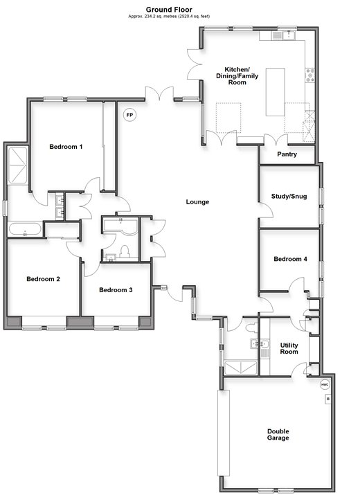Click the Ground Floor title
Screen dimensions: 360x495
coord(169,10)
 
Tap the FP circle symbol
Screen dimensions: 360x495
coord(129,115)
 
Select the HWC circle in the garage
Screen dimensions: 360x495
coord(325,385)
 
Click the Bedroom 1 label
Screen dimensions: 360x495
coord(66,147)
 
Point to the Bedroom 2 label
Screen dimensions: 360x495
coord(43,279)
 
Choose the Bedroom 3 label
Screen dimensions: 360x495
coord(116,290)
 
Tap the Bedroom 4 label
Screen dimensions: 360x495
coord(290,259)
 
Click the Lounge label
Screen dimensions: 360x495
coord(197,201)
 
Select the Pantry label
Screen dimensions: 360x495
coord(287,154)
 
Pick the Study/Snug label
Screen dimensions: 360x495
coord(289,196)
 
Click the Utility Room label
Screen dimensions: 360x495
coord(289,348)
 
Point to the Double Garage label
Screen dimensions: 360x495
coord(278,434)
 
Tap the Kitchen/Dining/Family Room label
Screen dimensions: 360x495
coord(237,75)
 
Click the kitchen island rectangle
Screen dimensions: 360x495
coord(275,92)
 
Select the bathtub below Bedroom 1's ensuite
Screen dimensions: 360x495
coord(25,229)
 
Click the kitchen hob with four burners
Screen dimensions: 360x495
coord(309,75)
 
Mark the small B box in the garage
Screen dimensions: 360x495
coord(328,399)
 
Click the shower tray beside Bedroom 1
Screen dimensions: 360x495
coord(18,165)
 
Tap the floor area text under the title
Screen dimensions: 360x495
coord(169,16)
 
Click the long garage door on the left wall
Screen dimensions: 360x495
coord(224,433)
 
